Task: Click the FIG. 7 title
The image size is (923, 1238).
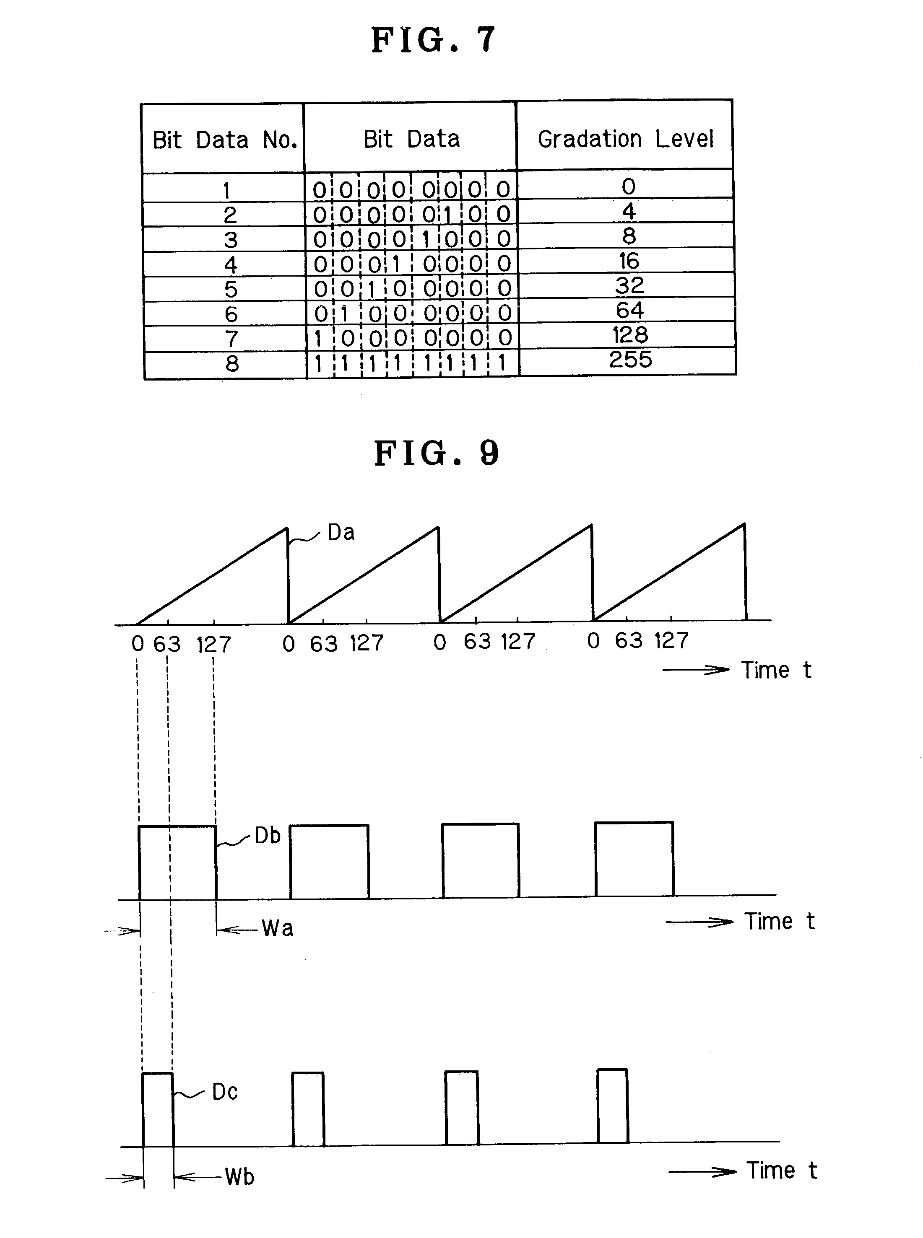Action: (433, 40)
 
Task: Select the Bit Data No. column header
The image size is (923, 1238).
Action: (224, 140)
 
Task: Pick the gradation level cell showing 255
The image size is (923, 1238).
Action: (630, 360)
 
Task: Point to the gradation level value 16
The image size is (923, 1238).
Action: (629, 261)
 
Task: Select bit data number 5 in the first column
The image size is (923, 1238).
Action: (231, 289)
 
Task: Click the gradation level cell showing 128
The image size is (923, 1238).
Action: (630, 335)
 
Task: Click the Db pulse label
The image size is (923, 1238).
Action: (267, 836)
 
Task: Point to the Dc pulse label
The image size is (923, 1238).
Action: (225, 1092)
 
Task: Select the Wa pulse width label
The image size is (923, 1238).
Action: (277, 929)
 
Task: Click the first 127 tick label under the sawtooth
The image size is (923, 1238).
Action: (213, 645)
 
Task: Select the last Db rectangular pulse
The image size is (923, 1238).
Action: (634, 859)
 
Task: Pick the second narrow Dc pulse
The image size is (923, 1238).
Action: (308, 1109)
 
